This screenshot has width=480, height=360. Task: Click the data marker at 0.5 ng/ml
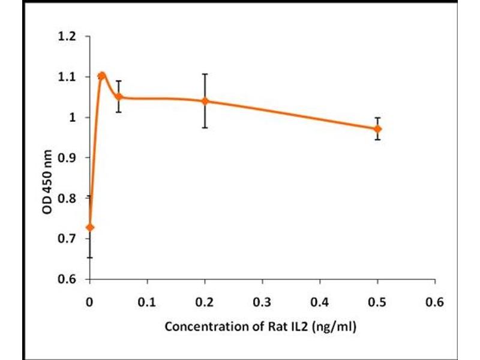377,129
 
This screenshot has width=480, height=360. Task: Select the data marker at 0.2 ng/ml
205,101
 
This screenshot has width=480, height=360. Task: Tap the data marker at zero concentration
90,227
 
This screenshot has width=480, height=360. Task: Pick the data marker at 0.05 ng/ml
119,96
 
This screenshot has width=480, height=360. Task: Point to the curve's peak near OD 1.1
102,75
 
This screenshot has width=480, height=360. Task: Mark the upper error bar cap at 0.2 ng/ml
205,74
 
